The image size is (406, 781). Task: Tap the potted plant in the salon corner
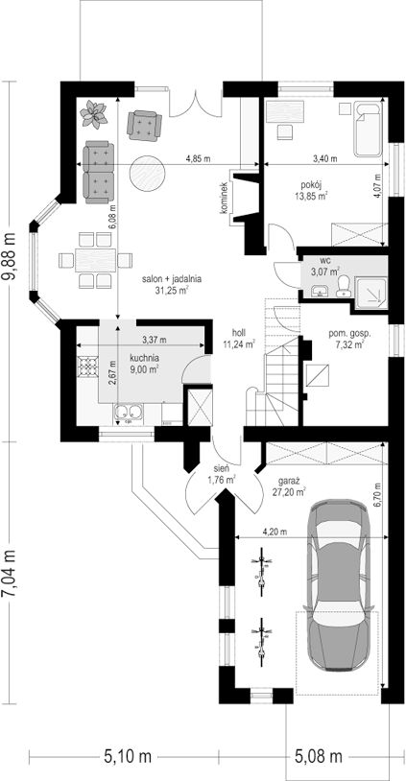[x=93, y=113]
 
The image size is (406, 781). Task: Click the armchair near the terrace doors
[x=145, y=125]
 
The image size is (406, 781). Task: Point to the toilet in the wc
[x=344, y=287]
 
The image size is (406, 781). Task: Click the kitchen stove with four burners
[x=87, y=367]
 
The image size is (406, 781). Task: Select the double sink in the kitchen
[x=128, y=413]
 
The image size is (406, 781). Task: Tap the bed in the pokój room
[x=369, y=129]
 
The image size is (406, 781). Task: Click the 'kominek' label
[x=225, y=198]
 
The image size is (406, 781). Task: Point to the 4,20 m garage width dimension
[x=275, y=532]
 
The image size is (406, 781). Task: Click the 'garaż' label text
[x=289, y=483]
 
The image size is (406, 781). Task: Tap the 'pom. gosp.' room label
[x=345, y=333]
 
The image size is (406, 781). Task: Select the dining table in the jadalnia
[x=96, y=260]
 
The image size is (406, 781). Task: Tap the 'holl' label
[x=238, y=332]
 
